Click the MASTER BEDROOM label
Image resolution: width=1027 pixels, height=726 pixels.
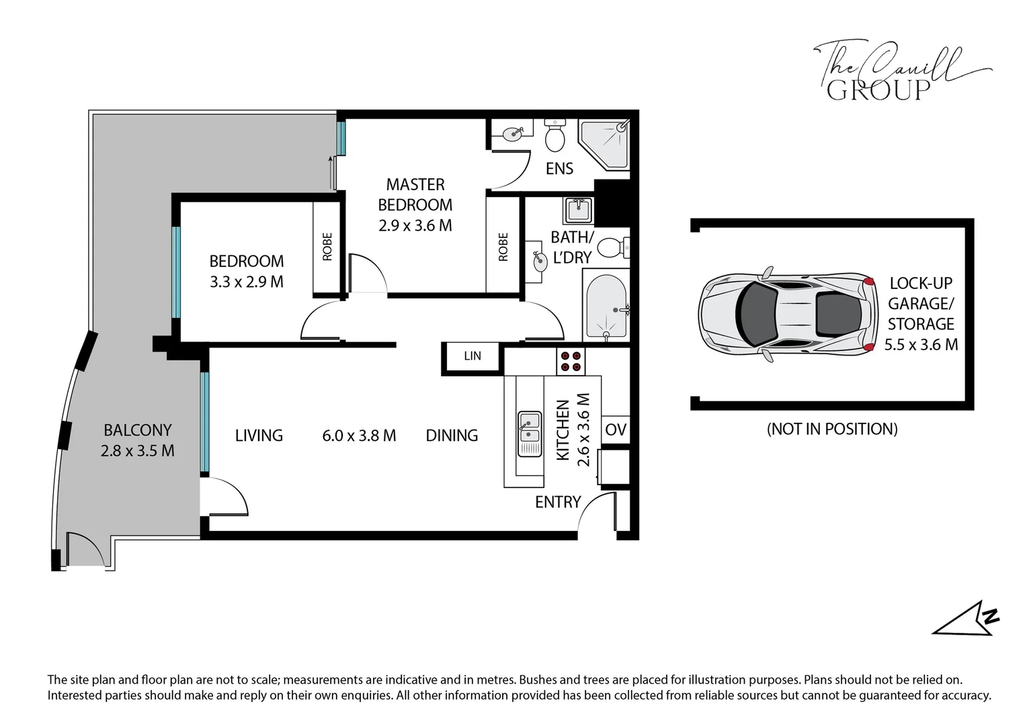(415, 194)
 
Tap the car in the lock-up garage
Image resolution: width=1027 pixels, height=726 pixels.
(788, 314)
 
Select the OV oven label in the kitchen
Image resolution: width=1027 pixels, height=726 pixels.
(615, 430)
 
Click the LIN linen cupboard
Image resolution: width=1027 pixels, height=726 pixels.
(473, 356)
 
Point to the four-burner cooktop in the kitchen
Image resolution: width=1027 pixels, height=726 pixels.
(571, 362)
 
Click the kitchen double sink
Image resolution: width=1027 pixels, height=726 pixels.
(530, 434)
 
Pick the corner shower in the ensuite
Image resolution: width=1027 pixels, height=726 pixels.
(604, 145)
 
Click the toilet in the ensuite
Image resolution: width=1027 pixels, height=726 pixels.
(555, 135)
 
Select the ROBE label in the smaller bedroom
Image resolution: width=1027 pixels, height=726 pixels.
(327, 247)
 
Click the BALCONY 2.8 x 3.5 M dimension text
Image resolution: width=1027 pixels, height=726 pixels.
(138, 450)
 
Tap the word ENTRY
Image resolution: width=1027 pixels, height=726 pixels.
(558, 501)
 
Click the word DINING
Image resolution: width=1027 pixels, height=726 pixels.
(452, 435)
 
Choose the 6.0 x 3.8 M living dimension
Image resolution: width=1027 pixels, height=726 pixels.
(359, 435)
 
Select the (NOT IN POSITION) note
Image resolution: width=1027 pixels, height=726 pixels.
(832, 429)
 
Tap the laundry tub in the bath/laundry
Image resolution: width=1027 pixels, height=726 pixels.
(578, 210)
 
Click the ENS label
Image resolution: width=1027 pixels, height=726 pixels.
(559, 168)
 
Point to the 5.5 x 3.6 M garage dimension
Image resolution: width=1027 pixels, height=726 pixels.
(921, 344)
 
